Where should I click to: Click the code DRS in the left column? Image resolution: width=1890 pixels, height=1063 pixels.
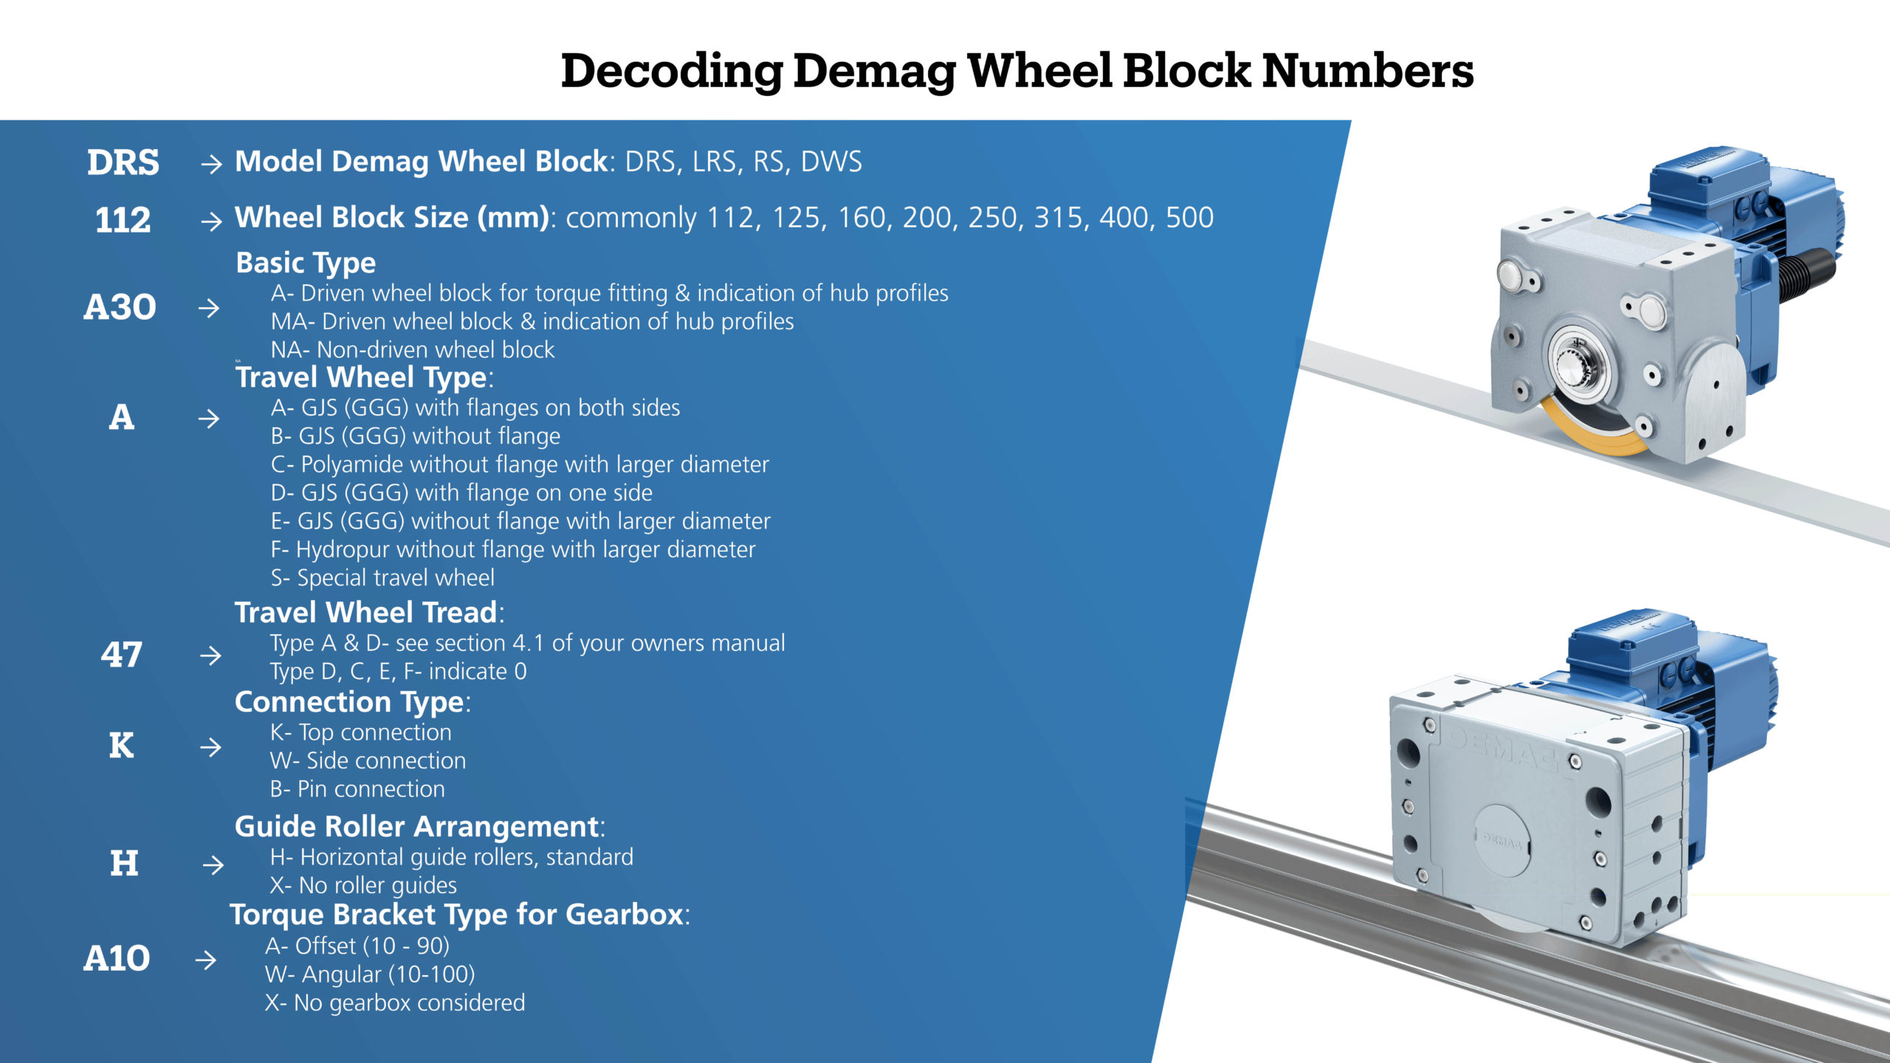(123, 162)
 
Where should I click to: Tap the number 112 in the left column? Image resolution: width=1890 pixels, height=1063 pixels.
(123, 220)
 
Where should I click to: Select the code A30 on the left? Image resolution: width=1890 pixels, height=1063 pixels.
(120, 307)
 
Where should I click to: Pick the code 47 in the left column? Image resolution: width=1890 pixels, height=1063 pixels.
(122, 655)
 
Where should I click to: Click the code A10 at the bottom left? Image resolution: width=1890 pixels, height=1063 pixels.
(117, 959)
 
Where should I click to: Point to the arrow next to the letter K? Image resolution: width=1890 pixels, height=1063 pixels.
(210, 747)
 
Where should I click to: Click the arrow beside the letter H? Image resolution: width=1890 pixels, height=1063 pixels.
(213, 864)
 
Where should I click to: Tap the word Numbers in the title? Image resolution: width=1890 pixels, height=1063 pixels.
(1367, 72)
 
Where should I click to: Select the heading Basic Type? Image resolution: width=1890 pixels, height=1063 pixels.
(306, 263)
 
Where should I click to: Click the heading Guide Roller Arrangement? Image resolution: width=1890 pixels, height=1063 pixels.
(418, 827)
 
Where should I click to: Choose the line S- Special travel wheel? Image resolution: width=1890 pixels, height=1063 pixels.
(382, 578)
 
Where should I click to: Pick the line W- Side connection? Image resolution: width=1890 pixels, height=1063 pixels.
(368, 761)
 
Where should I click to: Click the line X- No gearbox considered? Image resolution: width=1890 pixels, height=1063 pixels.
(395, 1003)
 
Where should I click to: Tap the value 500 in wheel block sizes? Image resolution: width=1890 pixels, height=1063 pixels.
(1189, 218)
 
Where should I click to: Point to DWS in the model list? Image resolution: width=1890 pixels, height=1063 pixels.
(831, 162)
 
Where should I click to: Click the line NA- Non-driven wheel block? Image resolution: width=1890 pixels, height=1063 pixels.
(413, 350)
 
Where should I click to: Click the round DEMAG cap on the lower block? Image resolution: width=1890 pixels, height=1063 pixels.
(1502, 841)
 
